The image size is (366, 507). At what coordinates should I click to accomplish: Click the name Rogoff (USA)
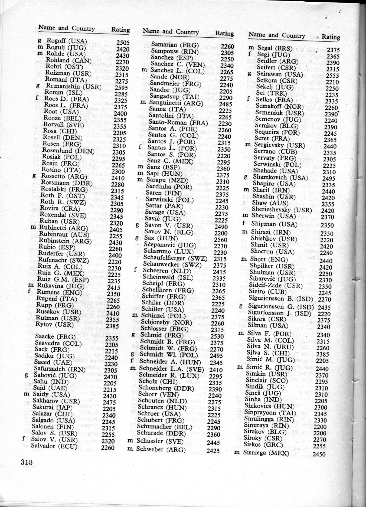pyautogui.click(x=67, y=41)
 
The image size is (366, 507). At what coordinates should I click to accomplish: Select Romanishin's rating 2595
pyautogui.click(x=121, y=88)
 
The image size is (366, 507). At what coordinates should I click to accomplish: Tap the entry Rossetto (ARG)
pyautogui.click(x=64, y=176)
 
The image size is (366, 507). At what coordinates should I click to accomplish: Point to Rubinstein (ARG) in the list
pyautogui.click(x=65, y=241)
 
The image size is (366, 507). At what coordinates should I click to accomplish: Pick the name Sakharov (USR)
pyautogui.click(x=56, y=401)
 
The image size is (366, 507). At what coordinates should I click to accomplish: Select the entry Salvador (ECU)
pyautogui.click(x=54, y=446)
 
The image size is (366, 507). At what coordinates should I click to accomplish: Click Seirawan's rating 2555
pyautogui.click(x=333, y=76)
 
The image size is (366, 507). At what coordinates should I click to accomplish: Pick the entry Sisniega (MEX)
pyautogui.click(x=266, y=453)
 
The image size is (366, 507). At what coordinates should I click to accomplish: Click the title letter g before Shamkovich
pyautogui.click(x=246, y=177)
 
